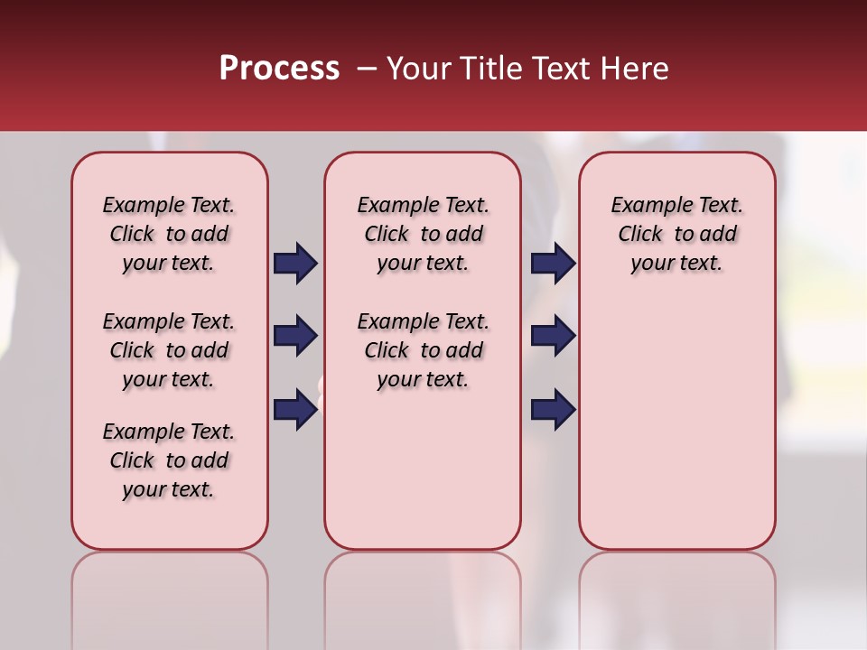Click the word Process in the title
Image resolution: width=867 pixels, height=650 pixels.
[x=279, y=69]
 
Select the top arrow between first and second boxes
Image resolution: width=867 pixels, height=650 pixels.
[x=295, y=264]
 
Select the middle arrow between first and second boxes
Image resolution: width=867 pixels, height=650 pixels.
[x=295, y=336]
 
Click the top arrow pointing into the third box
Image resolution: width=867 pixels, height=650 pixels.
[x=553, y=264]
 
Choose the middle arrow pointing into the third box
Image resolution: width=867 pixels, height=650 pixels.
[x=553, y=336]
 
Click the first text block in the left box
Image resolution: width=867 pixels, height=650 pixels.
[x=169, y=234]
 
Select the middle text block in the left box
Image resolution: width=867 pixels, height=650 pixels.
[x=169, y=350]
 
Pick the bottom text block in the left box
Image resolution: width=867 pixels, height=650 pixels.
[x=169, y=460]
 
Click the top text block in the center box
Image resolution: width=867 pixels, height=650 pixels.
[x=423, y=234]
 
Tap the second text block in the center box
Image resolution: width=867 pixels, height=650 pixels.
[x=423, y=350]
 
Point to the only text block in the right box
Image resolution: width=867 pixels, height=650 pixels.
[x=676, y=234]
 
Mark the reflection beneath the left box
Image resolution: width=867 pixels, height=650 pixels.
[x=169, y=596]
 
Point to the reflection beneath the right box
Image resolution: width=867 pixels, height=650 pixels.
[x=676, y=596]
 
